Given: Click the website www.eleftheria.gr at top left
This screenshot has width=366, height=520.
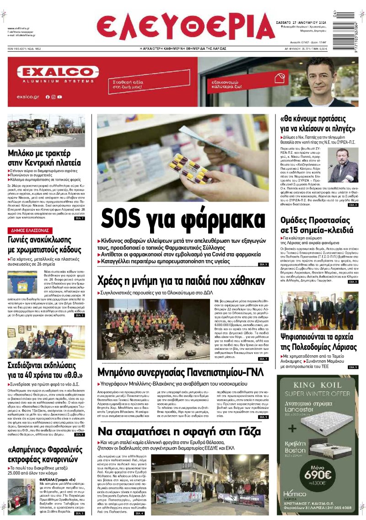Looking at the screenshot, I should [19, 29].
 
